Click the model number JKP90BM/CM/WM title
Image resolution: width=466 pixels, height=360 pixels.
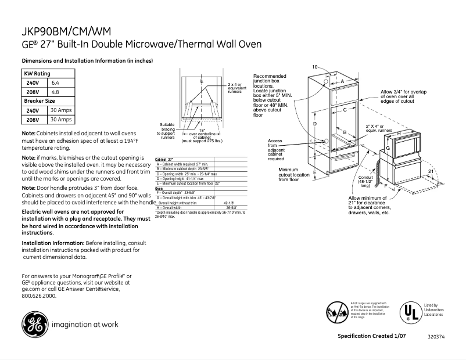pos(68,31)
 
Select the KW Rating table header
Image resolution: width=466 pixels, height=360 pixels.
pos(37,74)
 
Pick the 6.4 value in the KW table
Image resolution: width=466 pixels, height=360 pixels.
pos(56,83)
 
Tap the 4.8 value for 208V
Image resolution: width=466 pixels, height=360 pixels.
pos(56,92)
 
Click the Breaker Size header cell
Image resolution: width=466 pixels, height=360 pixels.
pos(39,100)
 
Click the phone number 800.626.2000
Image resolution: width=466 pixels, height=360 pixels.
pos(39,296)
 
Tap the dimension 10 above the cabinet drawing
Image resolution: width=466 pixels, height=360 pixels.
pos(314,67)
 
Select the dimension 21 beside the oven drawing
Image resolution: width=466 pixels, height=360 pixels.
pos(430,172)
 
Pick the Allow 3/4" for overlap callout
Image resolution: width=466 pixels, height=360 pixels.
pos(406,96)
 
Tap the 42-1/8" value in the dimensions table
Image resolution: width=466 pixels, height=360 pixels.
pos(230,203)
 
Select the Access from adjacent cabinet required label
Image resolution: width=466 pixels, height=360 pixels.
pos(276,150)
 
